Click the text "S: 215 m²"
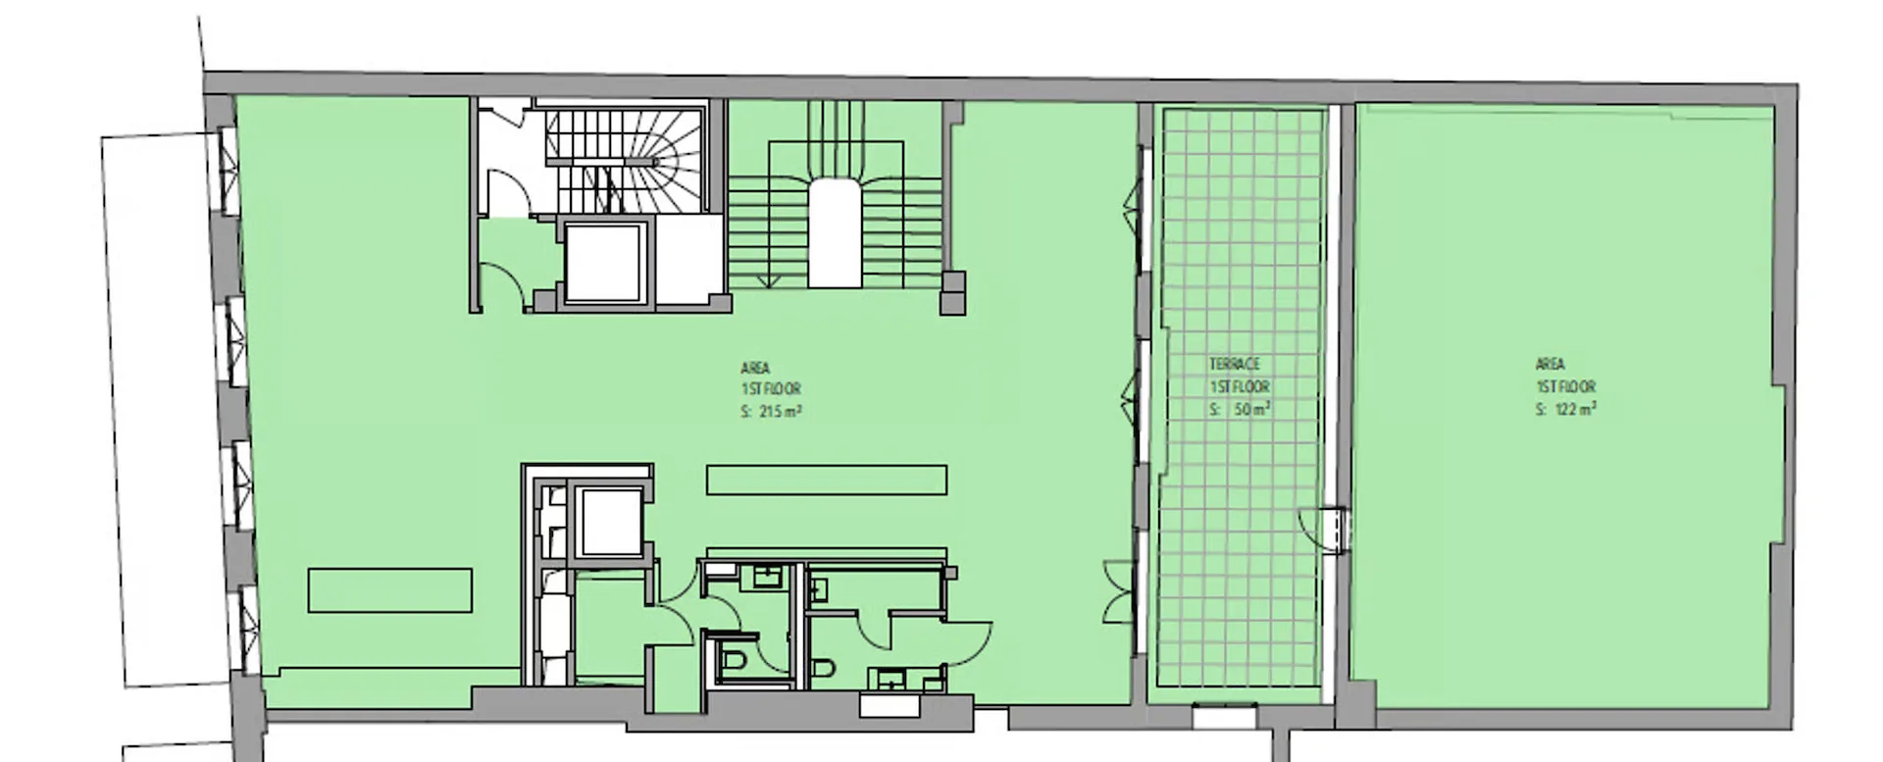coord(772,413)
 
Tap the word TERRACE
coord(1235,364)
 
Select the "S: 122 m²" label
coord(1566,409)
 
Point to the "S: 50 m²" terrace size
coord(1241,409)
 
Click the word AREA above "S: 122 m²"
coord(1551,364)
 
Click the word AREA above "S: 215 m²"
coord(755,369)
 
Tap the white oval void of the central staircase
coord(835,233)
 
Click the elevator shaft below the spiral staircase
coord(608,262)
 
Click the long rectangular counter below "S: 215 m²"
coord(827,480)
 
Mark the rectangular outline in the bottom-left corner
coord(390,590)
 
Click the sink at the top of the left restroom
coord(764,576)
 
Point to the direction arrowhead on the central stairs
coord(769,282)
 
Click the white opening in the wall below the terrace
coord(1224,717)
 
